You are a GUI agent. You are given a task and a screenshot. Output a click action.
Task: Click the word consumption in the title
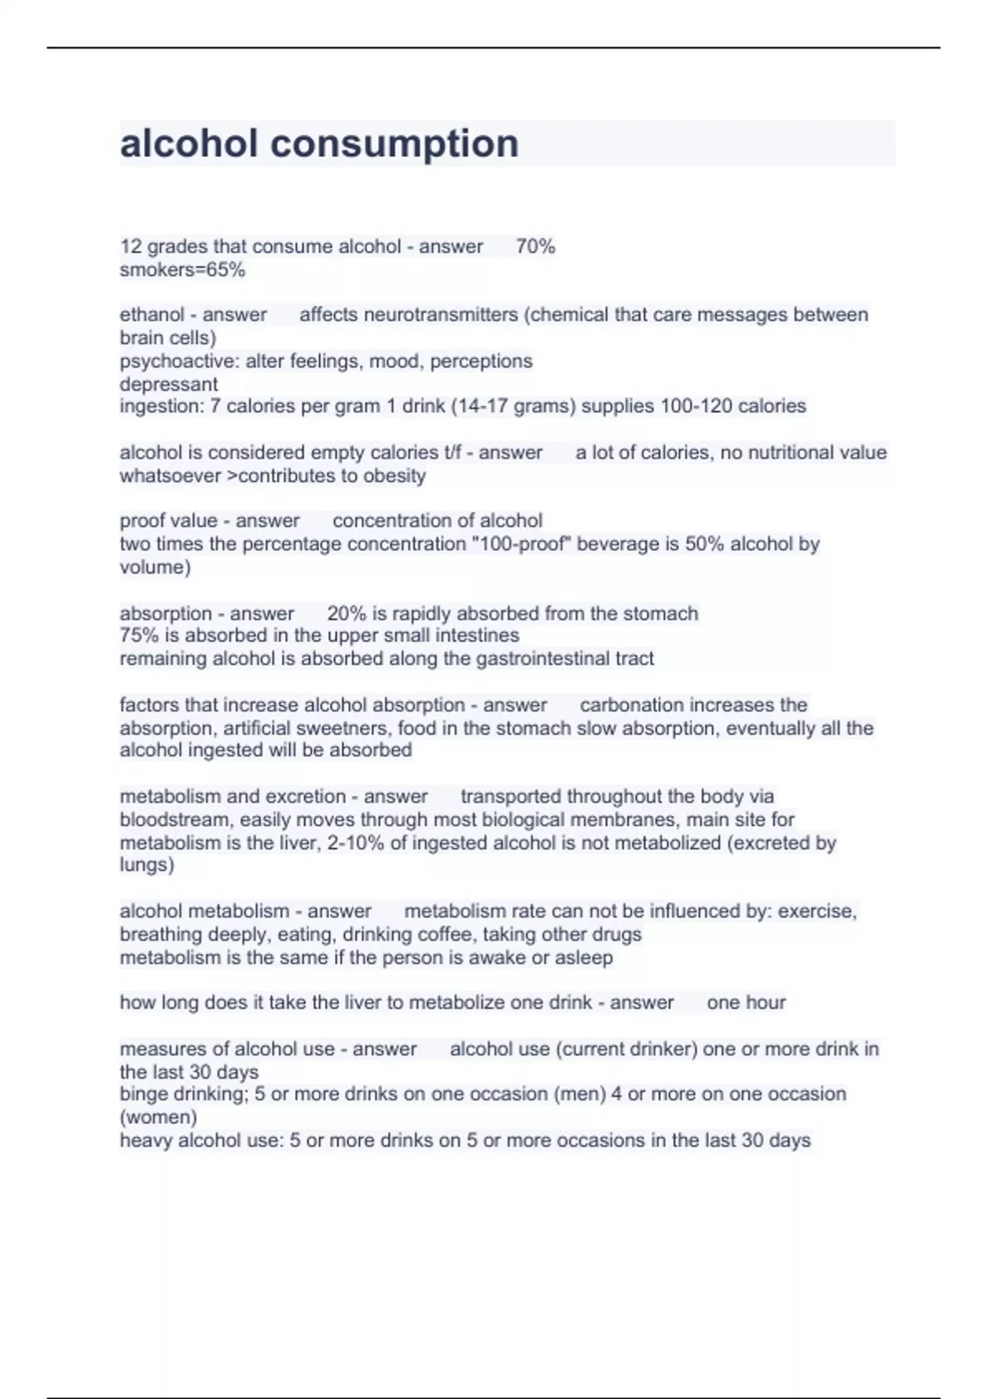394,144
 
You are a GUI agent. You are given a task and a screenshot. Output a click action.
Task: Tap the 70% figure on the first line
535,246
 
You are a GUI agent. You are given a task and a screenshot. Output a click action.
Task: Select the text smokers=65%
182,270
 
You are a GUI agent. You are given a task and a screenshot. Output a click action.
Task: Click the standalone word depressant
169,384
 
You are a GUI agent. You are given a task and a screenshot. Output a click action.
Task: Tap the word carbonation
631,705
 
